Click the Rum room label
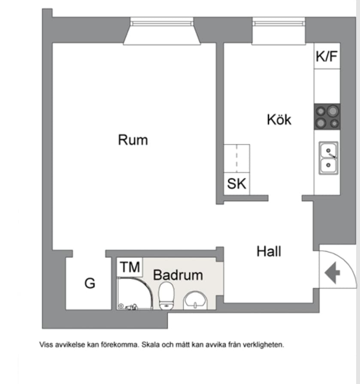[x=133, y=140]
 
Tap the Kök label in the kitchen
[x=279, y=119]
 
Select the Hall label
[x=269, y=251]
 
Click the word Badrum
[x=178, y=275]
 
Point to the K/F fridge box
[x=327, y=56]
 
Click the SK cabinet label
[x=236, y=184]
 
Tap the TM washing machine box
[x=130, y=267]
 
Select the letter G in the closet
[x=90, y=283]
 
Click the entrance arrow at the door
[x=333, y=273]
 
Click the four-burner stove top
[x=327, y=117]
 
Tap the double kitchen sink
[x=328, y=158]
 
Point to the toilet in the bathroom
[x=166, y=296]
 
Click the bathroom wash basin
[x=195, y=301]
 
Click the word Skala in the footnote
[x=151, y=344]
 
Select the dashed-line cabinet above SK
[x=237, y=158]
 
